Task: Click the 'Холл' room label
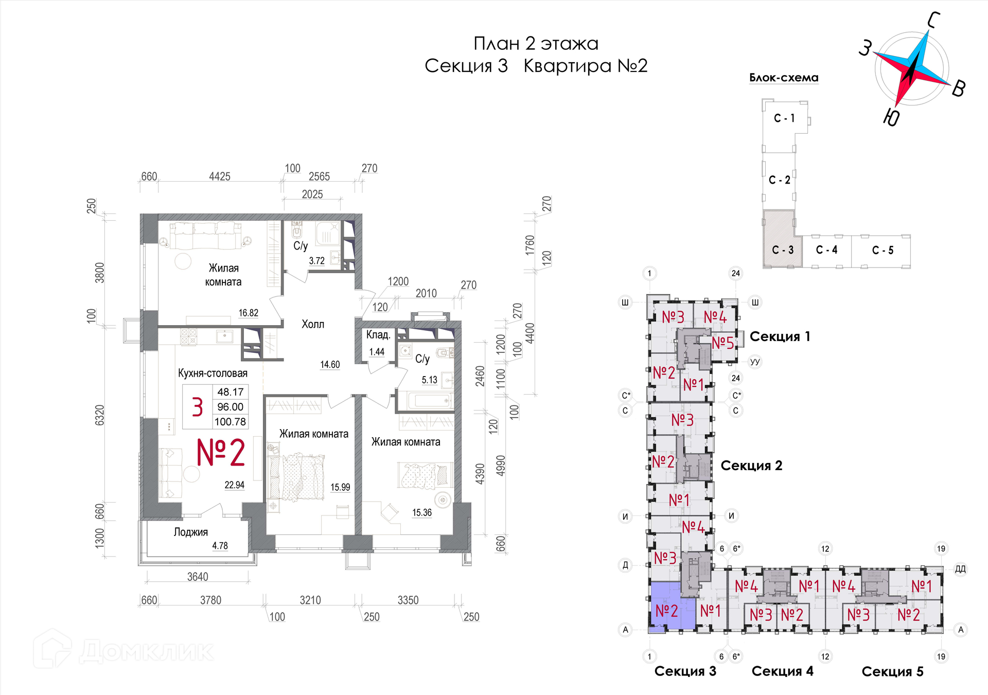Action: coord(313,324)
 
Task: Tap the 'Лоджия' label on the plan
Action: coord(191,532)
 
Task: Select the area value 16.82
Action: coord(249,313)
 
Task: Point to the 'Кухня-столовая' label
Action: coord(213,373)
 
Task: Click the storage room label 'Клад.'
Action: coord(378,335)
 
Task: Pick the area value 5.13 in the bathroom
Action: coord(430,380)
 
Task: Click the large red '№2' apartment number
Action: coord(221,453)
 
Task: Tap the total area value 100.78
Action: coord(231,422)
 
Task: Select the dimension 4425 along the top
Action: coord(220,176)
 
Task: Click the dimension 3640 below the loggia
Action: coord(198,577)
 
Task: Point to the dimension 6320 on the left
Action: coord(100,415)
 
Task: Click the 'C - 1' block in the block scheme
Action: coord(784,118)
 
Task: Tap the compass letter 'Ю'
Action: coord(892,117)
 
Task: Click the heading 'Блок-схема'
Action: coord(784,78)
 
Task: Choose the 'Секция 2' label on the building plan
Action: coord(751,466)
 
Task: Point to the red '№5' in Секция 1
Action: coord(723,343)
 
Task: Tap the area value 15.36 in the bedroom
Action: coord(422,512)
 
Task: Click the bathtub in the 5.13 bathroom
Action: coord(429,400)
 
